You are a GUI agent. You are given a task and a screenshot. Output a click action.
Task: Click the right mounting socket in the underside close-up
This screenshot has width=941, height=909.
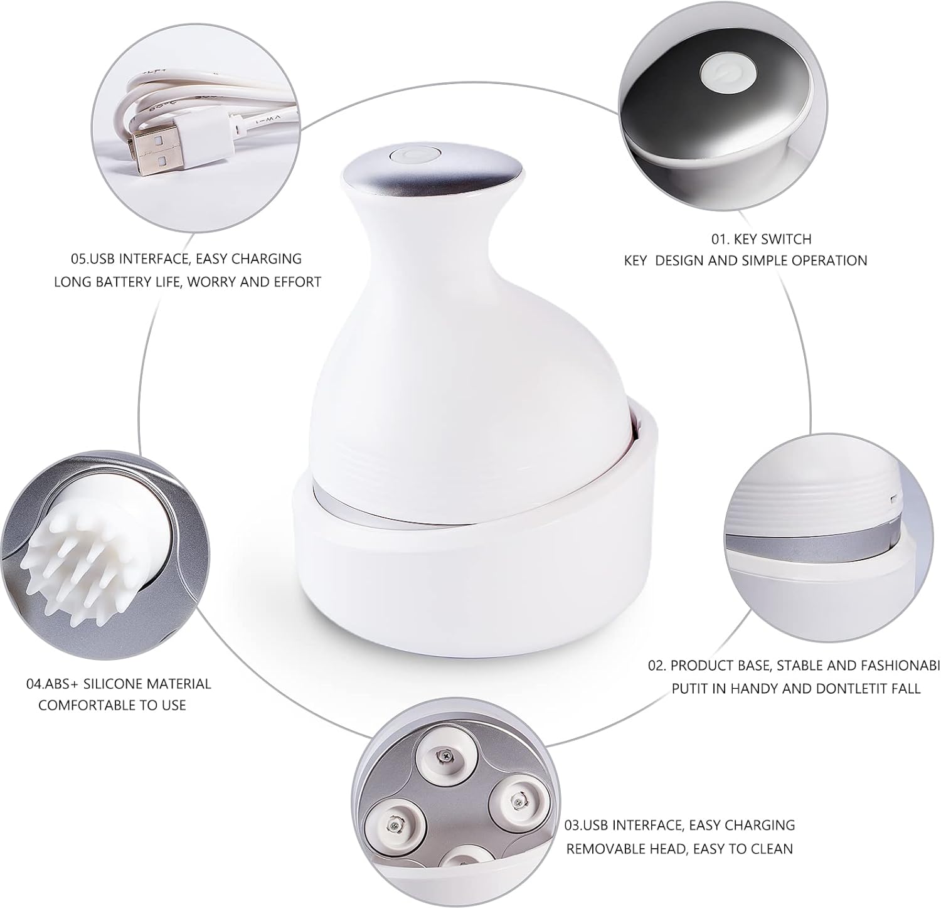coord(517,798)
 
